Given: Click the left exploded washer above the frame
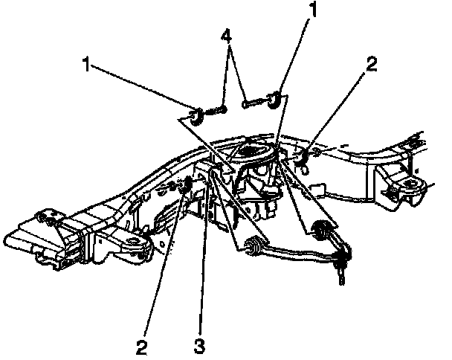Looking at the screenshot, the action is (x=197, y=116).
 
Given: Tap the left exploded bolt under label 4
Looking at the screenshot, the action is (x=219, y=111).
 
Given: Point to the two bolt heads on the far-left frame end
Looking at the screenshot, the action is (x=49, y=219).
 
